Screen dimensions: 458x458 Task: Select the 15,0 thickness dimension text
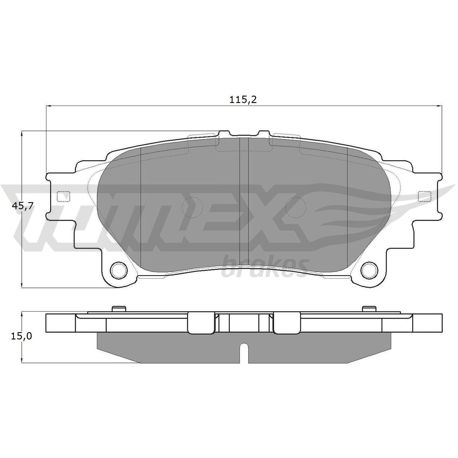pos(21,336)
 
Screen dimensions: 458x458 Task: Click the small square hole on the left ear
pos(63,196)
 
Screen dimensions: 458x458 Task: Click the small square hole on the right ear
pos(425,196)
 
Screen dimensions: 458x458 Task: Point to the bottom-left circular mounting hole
pos(119,270)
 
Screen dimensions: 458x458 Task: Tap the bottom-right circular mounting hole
pos(369,270)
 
